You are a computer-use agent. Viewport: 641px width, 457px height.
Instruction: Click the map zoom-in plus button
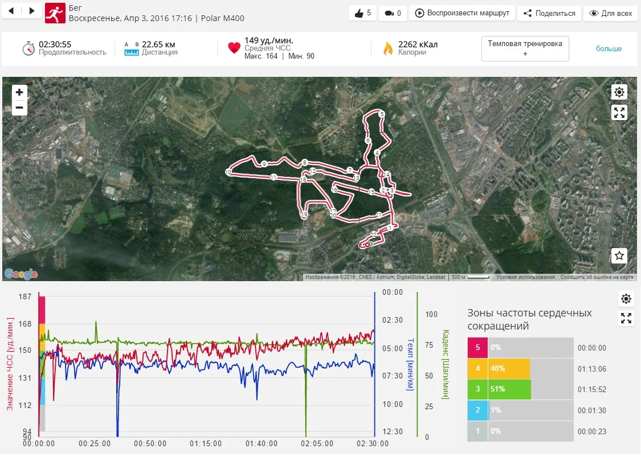pos(19,92)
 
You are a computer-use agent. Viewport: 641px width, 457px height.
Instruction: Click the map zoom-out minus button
pos(19,108)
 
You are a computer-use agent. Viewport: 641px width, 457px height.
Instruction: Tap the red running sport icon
pos(55,13)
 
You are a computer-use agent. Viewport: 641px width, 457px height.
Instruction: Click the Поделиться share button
pos(549,13)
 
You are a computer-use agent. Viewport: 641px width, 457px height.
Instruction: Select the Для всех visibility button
pos(610,13)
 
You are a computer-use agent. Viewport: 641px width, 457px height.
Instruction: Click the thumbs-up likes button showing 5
pos(362,13)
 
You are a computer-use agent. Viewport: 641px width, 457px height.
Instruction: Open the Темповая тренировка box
pos(525,48)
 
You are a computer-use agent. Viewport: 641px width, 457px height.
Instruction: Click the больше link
pos(609,49)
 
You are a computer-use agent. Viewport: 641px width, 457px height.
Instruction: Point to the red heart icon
pos(234,48)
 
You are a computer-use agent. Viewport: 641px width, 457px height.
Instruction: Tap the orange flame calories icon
pos(388,48)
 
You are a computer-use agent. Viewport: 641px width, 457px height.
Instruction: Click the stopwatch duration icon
pos(29,48)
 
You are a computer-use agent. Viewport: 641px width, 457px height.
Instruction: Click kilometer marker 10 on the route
pos(228,172)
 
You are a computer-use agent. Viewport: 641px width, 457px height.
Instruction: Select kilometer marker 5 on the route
pos(381,114)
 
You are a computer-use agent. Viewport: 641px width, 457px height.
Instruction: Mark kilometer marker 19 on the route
pos(304,215)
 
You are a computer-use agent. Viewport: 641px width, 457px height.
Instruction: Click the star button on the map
pos(619,256)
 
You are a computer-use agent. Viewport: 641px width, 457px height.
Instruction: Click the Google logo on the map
pos(21,274)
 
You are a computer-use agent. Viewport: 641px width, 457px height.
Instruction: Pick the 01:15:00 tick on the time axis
pos(206,444)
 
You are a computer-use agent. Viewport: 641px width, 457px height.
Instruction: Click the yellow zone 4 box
pos(477,368)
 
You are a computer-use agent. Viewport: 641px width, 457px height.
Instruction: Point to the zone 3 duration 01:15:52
pos(592,389)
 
